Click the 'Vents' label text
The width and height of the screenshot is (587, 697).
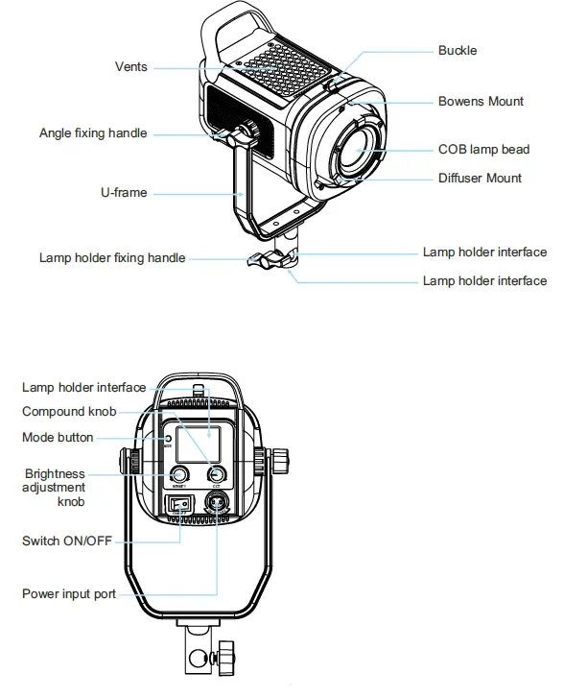pos(130,67)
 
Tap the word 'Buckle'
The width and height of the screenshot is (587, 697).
pos(458,50)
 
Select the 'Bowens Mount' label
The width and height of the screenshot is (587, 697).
pos(481,102)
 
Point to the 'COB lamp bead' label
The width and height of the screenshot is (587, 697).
pos(483,150)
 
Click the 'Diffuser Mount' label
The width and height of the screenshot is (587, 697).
pos(480,178)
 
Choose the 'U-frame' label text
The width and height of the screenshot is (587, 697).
pos(124,193)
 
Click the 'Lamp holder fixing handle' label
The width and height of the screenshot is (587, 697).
pos(112,258)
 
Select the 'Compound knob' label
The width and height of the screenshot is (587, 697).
pos(69,412)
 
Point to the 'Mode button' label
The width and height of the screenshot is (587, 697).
pos(58,438)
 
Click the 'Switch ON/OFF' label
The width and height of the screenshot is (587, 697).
pos(66,541)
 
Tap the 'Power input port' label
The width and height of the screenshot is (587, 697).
pos(69,594)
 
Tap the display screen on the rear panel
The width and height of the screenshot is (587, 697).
pos(202,444)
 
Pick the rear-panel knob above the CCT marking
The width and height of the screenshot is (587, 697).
pos(218,474)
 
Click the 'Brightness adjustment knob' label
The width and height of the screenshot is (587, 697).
pos(55,488)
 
